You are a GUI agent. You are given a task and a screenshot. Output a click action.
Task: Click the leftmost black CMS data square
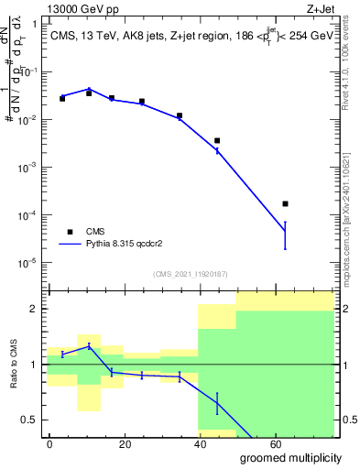(x=62, y=98)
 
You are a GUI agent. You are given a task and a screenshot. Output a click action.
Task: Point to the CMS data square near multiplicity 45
(x=217, y=140)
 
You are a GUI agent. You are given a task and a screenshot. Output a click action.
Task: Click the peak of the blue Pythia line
(x=89, y=89)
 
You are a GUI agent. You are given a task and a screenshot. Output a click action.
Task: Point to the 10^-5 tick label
(x=29, y=263)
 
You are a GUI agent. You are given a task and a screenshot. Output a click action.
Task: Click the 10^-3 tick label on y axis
(x=29, y=168)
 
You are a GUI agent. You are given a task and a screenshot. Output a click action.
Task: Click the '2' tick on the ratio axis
(x=37, y=309)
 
